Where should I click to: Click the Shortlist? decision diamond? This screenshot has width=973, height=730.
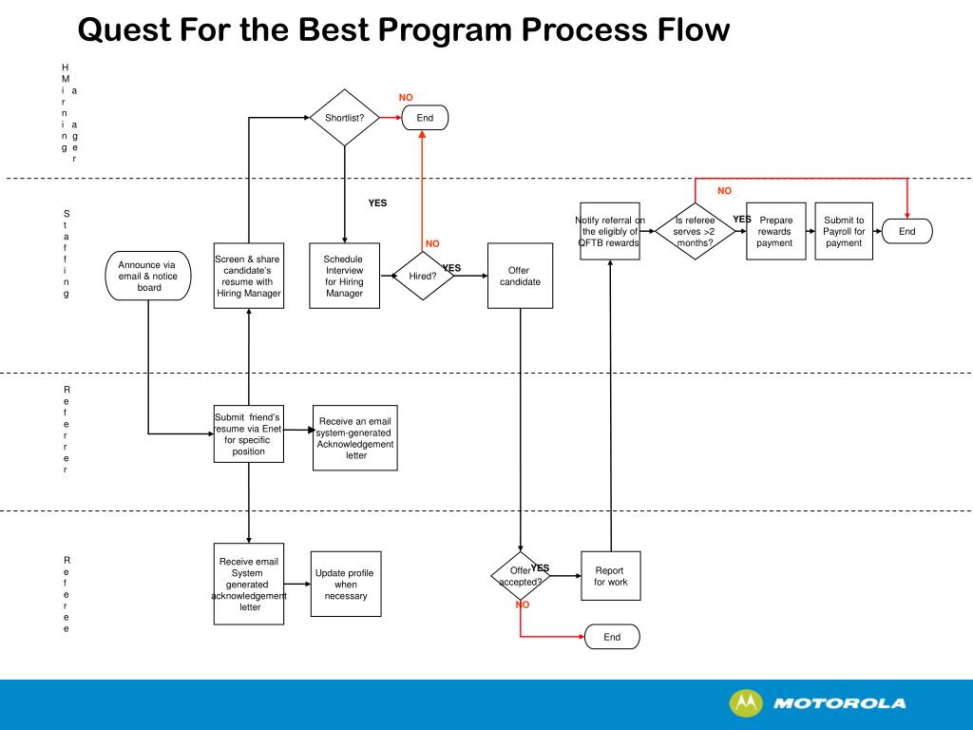344,118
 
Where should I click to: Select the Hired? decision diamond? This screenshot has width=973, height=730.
424,276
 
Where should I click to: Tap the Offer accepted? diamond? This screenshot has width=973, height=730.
521,576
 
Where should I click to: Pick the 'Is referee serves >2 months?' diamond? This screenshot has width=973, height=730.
695,231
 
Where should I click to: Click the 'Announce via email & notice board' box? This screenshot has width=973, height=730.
148,276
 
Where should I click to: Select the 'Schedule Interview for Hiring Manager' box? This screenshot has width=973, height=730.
344,276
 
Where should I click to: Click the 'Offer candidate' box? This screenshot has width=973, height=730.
520,276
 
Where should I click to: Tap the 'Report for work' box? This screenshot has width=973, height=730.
610,576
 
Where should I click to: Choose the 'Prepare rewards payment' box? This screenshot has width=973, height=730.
775,231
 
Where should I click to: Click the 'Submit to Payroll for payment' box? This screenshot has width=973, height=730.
844,231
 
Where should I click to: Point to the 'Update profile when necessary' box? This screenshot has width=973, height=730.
346,584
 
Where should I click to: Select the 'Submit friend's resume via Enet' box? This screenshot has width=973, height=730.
248,434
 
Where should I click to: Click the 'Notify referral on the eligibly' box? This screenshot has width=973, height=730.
610,231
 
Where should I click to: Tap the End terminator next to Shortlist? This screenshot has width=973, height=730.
425,118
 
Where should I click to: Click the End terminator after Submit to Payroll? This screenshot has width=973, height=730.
906,231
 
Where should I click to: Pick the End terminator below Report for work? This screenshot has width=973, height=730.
612,637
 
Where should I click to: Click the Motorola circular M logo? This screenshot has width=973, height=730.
745,703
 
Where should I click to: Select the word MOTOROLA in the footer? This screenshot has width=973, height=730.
840,704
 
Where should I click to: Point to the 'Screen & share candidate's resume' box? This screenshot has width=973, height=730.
248,276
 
